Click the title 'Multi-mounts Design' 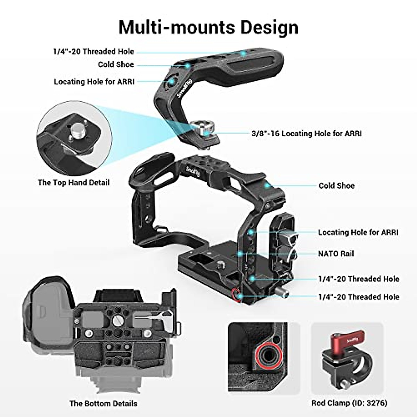coord(208,27)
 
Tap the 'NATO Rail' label coord(336,254)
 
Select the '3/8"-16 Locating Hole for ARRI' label coord(306,133)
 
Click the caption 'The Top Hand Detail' coord(74,182)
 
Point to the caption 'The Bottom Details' coord(103,403)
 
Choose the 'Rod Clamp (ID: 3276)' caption coord(349,403)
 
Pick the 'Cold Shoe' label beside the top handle coord(116,65)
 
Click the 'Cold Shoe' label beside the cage coord(336,186)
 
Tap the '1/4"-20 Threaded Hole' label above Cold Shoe coord(93,52)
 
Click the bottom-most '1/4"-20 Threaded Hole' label coord(359,297)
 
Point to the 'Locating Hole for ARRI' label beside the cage coord(358,232)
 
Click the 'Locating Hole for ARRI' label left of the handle coord(94,82)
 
